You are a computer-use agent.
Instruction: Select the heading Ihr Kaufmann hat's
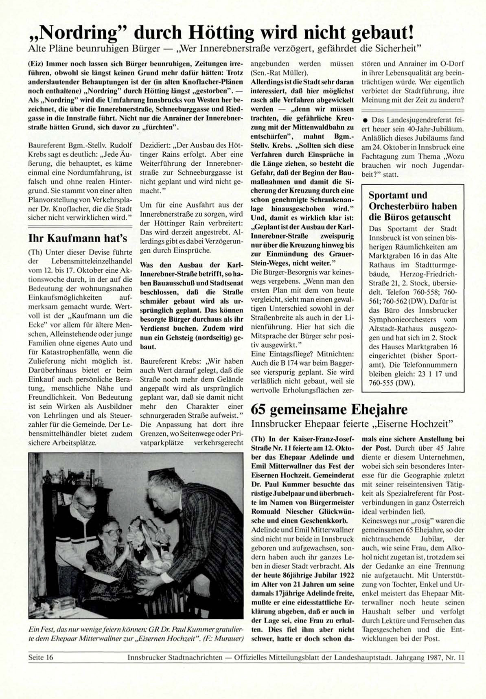78,238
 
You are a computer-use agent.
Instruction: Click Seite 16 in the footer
41,657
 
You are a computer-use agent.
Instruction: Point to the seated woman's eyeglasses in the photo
112,532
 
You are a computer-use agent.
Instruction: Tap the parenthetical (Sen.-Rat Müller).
280,73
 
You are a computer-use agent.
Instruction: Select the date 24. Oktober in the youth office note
392,147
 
